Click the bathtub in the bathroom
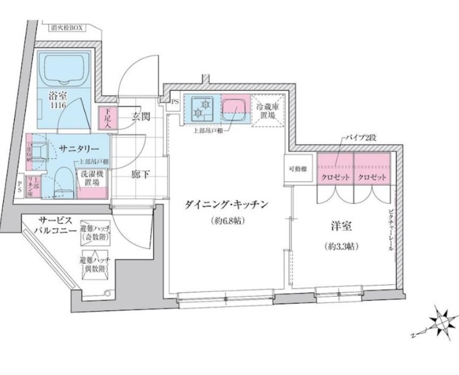click(65, 69)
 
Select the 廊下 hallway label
click(141, 174)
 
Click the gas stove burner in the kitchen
click(201, 108)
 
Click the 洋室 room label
click(340, 227)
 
